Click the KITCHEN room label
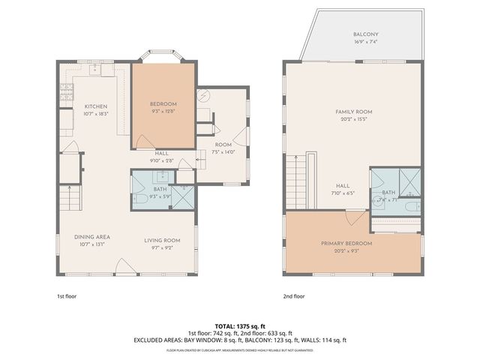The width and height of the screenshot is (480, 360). [96, 106]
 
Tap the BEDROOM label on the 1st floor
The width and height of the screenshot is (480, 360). [163, 103]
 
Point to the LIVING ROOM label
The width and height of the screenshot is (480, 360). [163, 241]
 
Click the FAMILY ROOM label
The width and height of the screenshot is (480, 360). [353, 112]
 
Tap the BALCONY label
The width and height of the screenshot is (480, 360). [366, 34]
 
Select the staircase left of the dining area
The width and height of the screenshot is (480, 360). [69, 199]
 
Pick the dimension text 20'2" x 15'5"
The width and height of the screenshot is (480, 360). [353, 118]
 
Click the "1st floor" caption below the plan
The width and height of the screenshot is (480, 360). [66, 295]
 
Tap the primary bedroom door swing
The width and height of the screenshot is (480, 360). [349, 217]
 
